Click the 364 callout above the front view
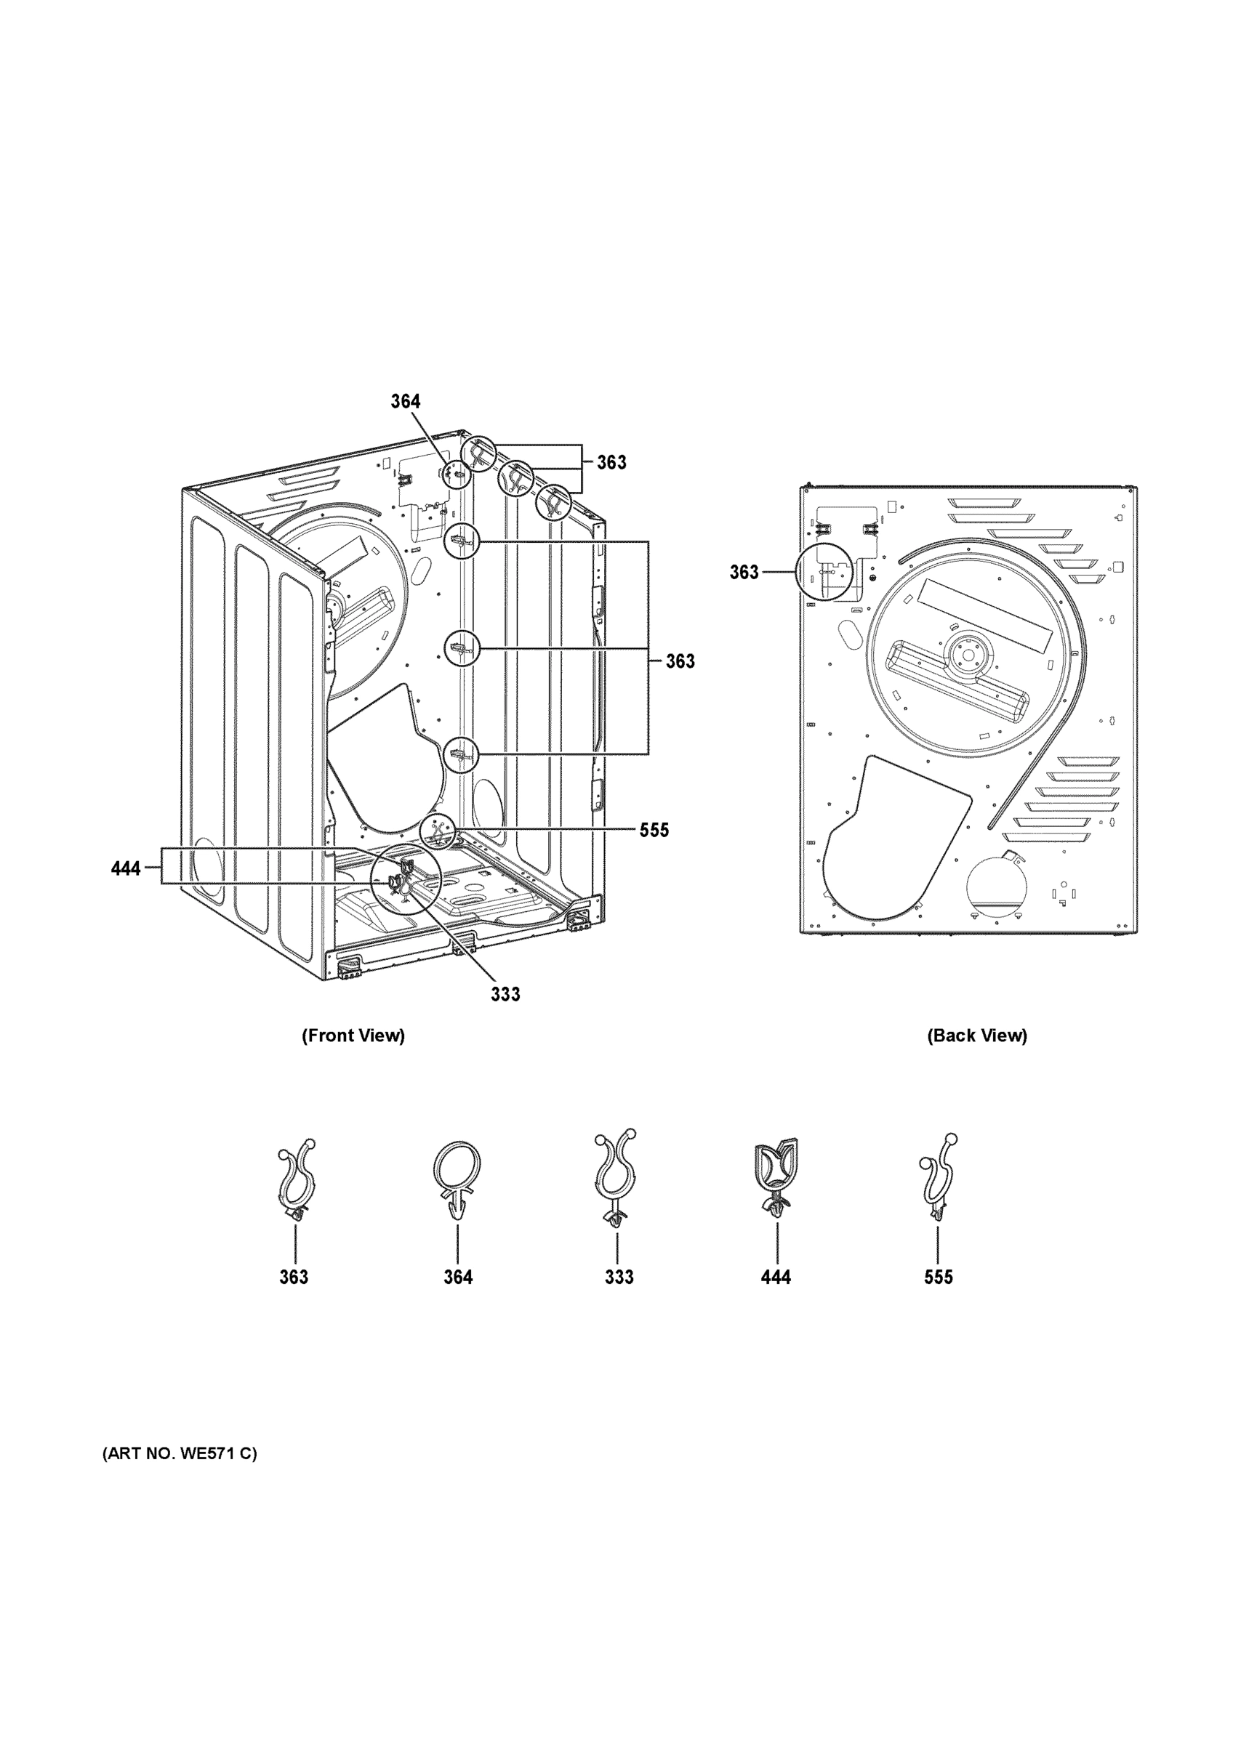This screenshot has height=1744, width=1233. (406, 401)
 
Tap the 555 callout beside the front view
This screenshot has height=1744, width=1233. (654, 831)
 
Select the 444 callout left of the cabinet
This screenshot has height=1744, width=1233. (126, 868)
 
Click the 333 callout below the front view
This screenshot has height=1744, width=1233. (505, 994)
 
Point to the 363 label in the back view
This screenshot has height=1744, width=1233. (744, 572)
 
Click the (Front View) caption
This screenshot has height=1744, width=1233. (353, 1035)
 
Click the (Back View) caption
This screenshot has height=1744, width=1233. (976, 1035)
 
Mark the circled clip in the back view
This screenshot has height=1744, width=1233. (824, 573)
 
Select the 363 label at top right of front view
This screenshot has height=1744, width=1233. (611, 463)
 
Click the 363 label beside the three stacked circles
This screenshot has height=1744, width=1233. (680, 661)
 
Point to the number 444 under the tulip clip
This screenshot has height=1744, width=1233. (776, 1277)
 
